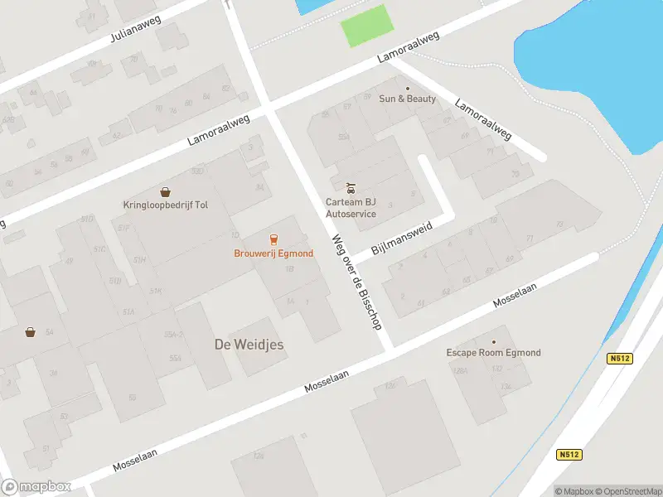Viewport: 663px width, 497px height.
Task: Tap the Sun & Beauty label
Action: (407, 99)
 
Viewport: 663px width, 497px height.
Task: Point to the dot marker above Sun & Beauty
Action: (407, 88)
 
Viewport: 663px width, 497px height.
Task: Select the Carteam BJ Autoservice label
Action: (351, 208)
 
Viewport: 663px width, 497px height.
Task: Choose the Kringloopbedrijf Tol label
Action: (165, 205)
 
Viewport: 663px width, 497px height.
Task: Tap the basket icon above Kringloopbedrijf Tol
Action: (165, 191)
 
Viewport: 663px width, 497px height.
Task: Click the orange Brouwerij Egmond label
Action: (273, 253)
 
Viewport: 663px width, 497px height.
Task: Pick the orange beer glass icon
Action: (273, 239)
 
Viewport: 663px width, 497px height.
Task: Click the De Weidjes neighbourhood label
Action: (249, 344)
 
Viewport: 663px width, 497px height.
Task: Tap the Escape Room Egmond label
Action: (493, 353)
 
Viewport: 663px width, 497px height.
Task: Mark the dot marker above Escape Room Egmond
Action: (493, 341)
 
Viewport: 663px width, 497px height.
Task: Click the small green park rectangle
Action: (366, 25)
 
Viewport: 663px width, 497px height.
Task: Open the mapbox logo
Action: (36, 487)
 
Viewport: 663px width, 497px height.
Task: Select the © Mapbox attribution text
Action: (573, 491)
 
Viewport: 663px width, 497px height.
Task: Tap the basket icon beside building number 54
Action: (31, 332)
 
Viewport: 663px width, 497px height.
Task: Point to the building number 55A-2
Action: (173, 334)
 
